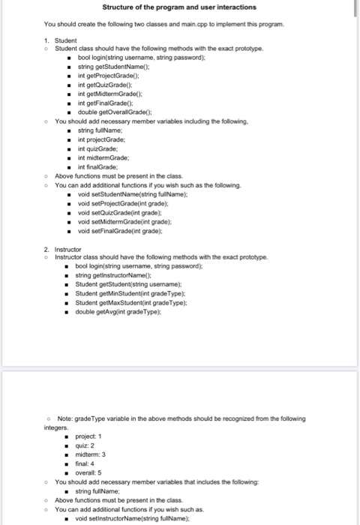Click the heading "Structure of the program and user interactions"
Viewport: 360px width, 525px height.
pyautogui.click(x=179, y=7)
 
